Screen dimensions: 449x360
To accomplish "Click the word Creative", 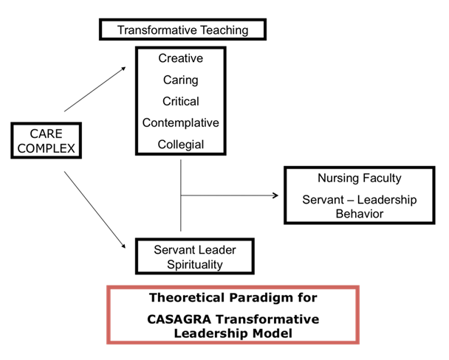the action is (x=181, y=58).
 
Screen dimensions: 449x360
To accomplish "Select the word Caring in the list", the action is (x=181, y=79).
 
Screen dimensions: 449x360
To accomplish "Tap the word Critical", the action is (x=181, y=100).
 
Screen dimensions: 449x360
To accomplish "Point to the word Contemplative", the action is (x=181, y=122).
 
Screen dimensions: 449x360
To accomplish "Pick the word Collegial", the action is (x=181, y=144).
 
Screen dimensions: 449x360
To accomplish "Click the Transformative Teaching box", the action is (x=182, y=30).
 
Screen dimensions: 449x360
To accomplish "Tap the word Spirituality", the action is (x=195, y=263).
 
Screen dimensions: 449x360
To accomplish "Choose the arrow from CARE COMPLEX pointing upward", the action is (x=95, y=89).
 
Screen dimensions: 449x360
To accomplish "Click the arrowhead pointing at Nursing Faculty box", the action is (x=276, y=196).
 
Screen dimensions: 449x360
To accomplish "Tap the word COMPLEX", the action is (x=47, y=148).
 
